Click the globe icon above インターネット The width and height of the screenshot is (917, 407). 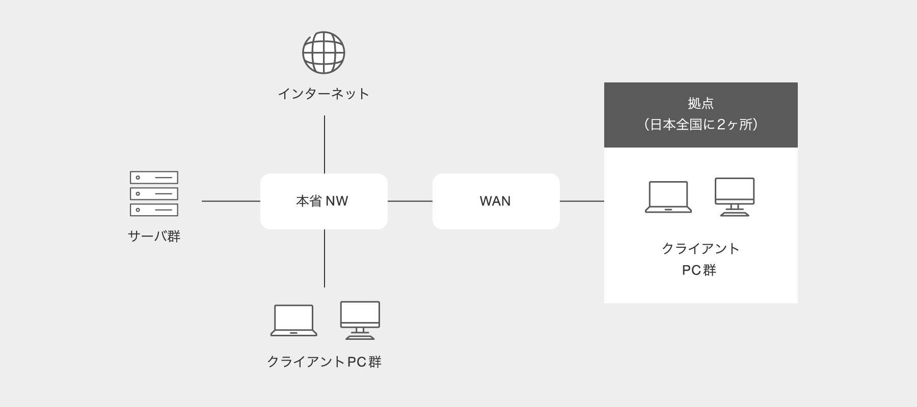323,52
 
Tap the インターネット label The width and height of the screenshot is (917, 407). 323,94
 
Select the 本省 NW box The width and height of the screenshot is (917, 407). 324,201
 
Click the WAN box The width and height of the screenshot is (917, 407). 496,201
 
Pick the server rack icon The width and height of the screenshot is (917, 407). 154,194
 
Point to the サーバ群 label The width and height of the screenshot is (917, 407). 154,237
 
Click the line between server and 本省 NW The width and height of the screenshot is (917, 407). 231,201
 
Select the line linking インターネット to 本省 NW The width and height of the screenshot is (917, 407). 325,144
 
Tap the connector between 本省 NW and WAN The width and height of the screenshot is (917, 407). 410,201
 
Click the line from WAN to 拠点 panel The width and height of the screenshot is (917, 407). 582,201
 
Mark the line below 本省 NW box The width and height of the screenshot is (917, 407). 325,258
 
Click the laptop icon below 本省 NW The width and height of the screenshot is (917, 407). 293,321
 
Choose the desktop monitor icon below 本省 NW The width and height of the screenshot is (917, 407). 360,321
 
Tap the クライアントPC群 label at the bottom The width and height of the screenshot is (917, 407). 324,362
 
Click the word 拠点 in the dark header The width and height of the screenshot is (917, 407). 700,103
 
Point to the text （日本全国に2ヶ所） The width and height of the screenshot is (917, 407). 700,125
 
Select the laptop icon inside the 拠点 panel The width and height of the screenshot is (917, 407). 668,197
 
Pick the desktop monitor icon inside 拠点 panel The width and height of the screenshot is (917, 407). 735,197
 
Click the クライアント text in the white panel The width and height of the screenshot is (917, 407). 700,249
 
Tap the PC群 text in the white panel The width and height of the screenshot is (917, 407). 699,270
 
